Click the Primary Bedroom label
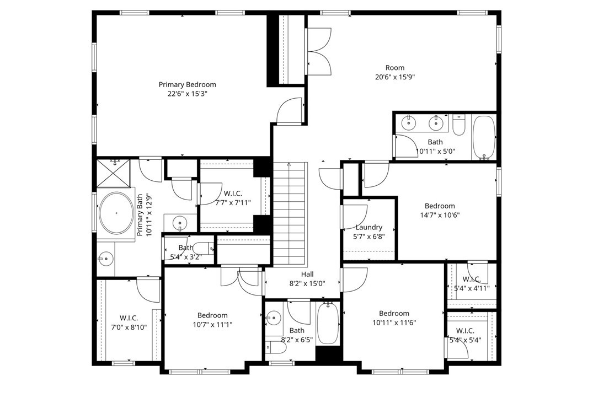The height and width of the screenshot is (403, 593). point(187,84)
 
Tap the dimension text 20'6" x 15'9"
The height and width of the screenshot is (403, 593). point(394,77)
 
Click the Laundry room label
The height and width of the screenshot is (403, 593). point(369,227)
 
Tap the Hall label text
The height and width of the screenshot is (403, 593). point(307,274)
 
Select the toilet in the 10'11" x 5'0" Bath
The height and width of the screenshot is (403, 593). point(460,126)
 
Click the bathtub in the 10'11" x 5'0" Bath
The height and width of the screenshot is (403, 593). point(484,137)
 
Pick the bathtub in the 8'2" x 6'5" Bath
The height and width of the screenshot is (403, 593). point(328,324)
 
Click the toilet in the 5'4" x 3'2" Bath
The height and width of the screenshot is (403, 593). point(202,248)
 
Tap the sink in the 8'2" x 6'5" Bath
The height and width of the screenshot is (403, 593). point(273,318)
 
